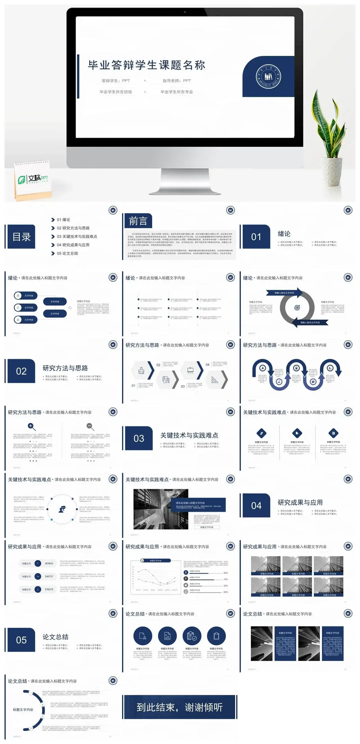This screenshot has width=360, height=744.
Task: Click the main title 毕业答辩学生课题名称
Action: pyautogui.click(x=147, y=65)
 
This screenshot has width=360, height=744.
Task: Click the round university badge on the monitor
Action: pyautogui.click(x=268, y=76)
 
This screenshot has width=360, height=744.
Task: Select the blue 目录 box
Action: pyautogui.click(x=21, y=237)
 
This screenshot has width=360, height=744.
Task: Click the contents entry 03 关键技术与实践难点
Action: pyautogui.click(x=76, y=236)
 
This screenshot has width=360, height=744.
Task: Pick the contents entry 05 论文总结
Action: pyautogui.click(x=67, y=253)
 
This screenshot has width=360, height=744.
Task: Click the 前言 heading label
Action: pyautogui.click(x=138, y=221)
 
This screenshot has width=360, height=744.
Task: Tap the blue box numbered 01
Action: pyautogui.click(x=256, y=237)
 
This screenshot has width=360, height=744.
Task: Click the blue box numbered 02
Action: pyautogui.click(x=21, y=371)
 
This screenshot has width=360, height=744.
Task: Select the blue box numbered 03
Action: pyautogui.click(x=139, y=438)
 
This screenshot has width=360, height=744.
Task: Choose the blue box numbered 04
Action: pyautogui.click(x=256, y=506)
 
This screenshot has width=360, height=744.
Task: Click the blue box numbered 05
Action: pyautogui.click(x=21, y=640)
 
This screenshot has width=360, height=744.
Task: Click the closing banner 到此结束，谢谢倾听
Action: pyautogui.click(x=179, y=707)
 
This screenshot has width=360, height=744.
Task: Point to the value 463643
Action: pyautogui.click(x=49, y=563)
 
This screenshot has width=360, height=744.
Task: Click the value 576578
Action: pyautogui.click(x=49, y=589)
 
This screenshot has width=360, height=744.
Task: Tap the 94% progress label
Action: pyautogui.click(x=226, y=592)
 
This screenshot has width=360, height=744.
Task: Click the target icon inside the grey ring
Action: pyautogui.click(x=297, y=308)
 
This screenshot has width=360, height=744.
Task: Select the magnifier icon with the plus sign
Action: pyautogui.click(x=31, y=426)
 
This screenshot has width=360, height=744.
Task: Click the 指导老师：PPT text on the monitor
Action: pyautogui.click(x=177, y=81)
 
